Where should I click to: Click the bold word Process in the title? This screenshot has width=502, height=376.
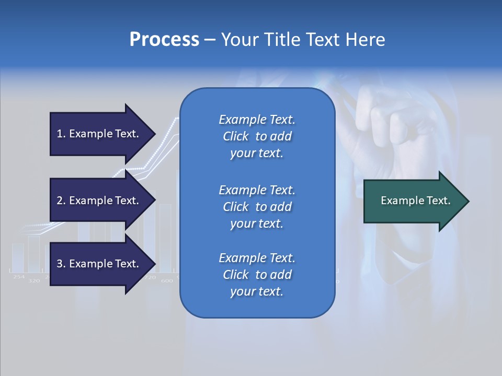click(x=164, y=40)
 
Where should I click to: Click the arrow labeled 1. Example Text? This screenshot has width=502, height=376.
click(x=99, y=134)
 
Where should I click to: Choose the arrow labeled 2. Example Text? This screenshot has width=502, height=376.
click(x=99, y=201)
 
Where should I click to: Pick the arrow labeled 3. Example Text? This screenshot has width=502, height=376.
click(x=99, y=264)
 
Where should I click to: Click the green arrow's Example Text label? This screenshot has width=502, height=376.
click(x=415, y=201)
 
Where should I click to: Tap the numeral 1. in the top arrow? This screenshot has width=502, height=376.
click(x=61, y=134)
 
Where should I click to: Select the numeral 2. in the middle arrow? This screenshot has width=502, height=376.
click(x=61, y=201)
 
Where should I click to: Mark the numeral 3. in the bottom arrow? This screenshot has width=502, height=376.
click(x=61, y=264)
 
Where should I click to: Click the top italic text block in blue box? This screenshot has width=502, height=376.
click(x=257, y=136)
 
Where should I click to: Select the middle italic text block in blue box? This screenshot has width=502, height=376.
click(x=257, y=207)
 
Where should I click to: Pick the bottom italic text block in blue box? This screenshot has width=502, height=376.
click(x=257, y=275)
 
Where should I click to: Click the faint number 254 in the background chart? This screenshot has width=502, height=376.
click(x=19, y=277)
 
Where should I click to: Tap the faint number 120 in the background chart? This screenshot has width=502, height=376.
click(x=35, y=281)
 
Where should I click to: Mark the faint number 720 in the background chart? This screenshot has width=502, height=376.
click(x=150, y=277)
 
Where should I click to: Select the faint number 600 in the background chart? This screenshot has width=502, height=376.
click(x=167, y=281)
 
